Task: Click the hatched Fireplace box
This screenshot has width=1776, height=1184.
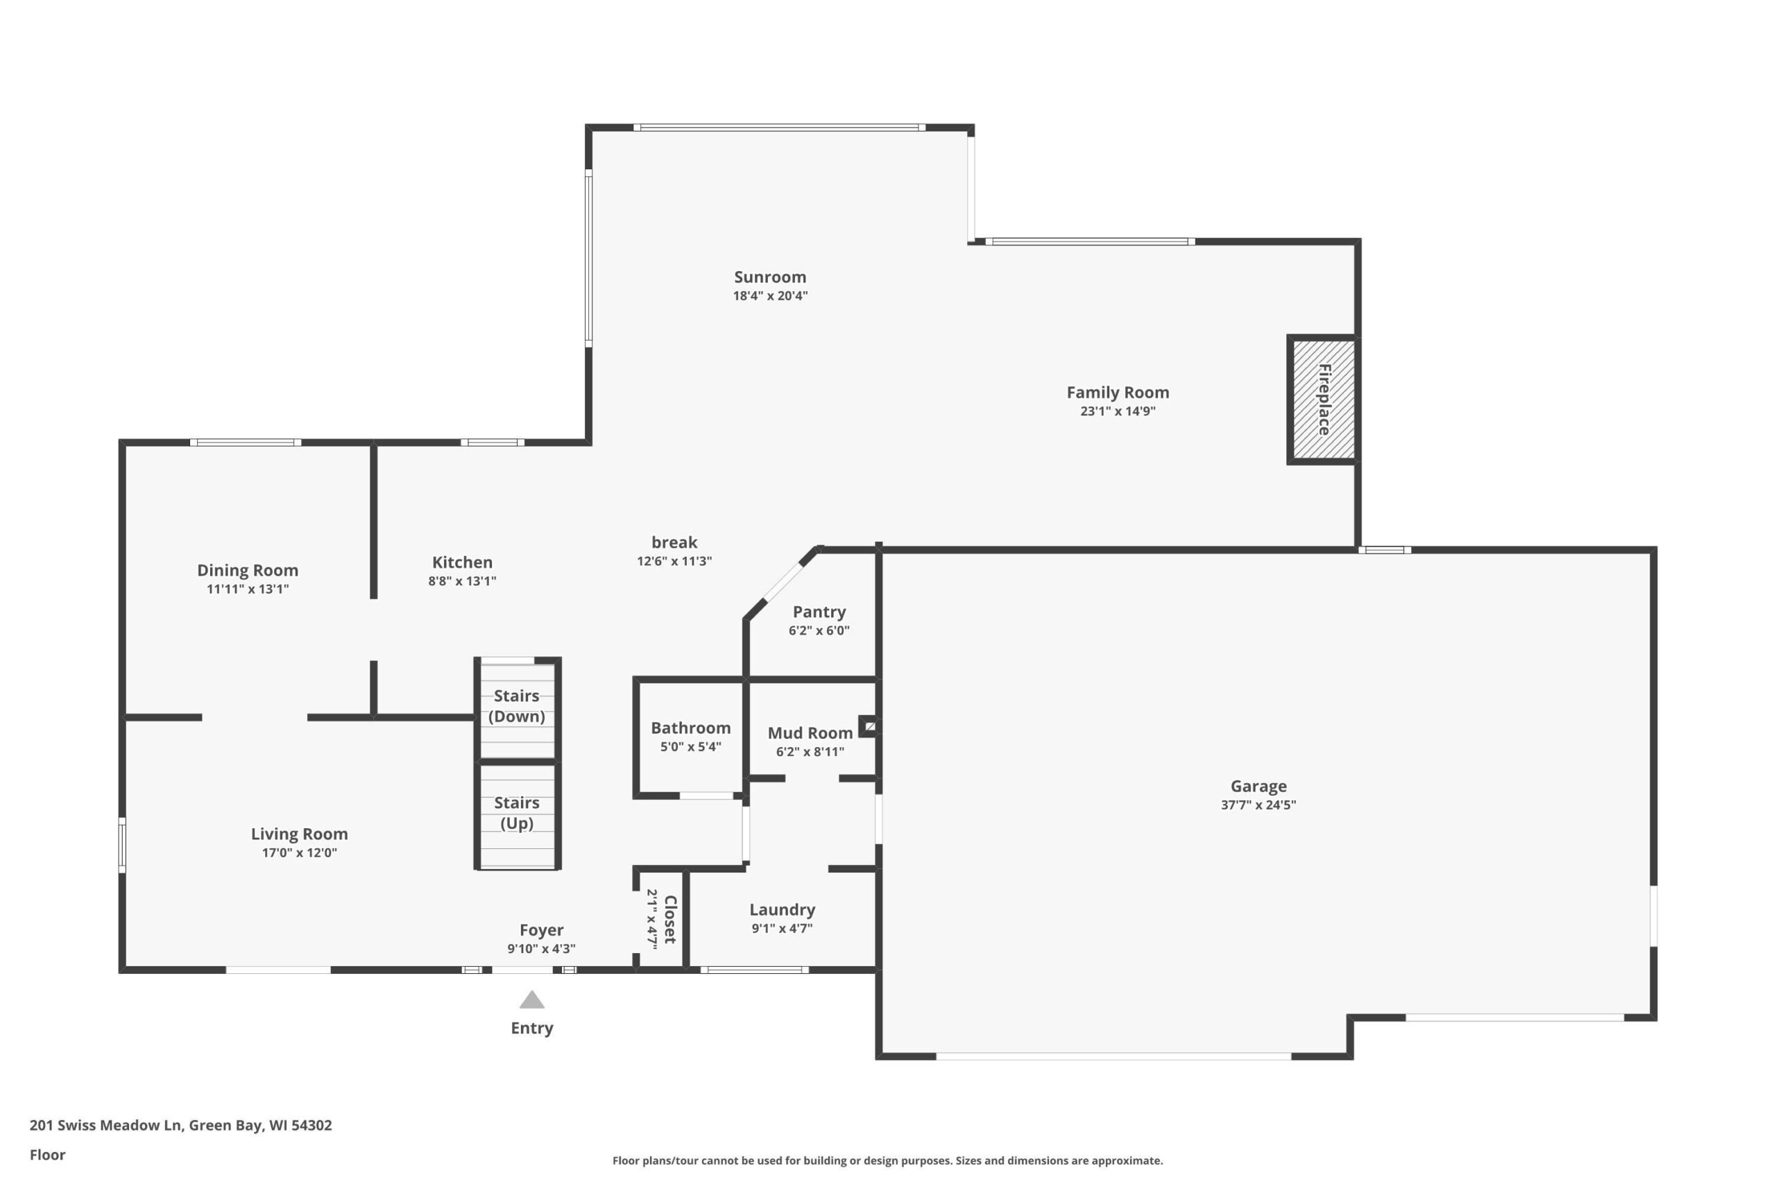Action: [x=1323, y=400]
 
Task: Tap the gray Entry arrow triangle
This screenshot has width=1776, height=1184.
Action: [x=531, y=999]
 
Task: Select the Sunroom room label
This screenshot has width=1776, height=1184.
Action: [x=770, y=277]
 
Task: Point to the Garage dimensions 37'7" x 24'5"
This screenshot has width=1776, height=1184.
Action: [x=1258, y=805]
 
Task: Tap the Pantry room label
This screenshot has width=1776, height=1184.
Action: [x=819, y=612]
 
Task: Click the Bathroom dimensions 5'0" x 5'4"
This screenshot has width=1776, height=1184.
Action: [x=691, y=747]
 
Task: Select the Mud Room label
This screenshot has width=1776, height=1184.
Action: [x=810, y=733]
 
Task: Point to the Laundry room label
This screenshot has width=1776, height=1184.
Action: [x=783, y=911]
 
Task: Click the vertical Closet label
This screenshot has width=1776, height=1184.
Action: [x=669, y=919]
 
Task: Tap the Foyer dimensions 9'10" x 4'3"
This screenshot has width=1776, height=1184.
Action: [x=541, y=949]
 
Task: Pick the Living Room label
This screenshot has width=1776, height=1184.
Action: [x=300, y=834]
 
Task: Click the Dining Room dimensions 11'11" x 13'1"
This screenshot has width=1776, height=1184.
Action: [x=248, y=589]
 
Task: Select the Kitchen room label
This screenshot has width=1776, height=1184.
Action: [x=462, y=563]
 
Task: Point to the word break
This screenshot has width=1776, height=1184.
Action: [x=674, y=542]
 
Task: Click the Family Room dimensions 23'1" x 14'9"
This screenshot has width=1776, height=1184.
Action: [x=1118, y=411]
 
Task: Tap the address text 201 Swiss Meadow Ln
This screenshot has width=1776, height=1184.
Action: [x=105, y=1125]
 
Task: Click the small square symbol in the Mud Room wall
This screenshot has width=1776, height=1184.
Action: [x=869, y=726]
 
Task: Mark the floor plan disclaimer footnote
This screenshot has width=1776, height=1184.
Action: [x=887, y=1160]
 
